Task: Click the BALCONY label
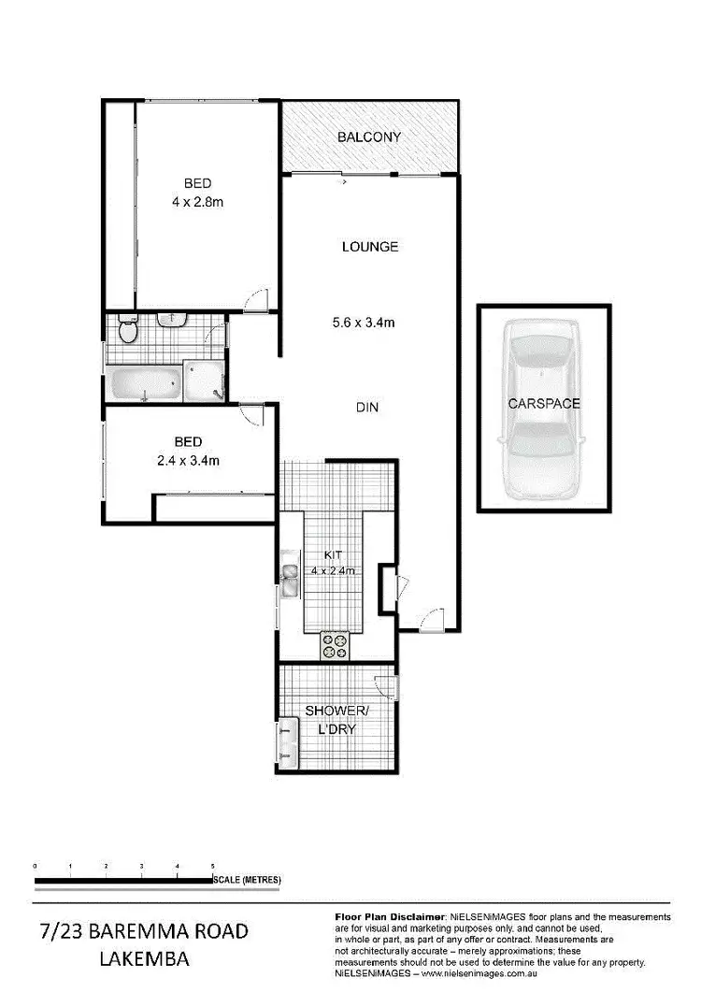(369, 137)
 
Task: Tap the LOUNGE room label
(370, 247)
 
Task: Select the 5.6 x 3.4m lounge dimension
(369, 323)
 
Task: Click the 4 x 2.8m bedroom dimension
(197, 200)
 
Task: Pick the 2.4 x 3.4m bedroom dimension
(189, 459)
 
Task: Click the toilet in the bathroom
(129, 330)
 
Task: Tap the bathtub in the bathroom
(144, 383)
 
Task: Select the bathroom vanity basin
(171, 321)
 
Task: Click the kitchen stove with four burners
(335, 644)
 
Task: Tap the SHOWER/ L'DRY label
(331, 720)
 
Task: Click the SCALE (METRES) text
(247, 880)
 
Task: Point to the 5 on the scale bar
(213, 868)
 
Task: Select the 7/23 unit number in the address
(64, 931)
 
